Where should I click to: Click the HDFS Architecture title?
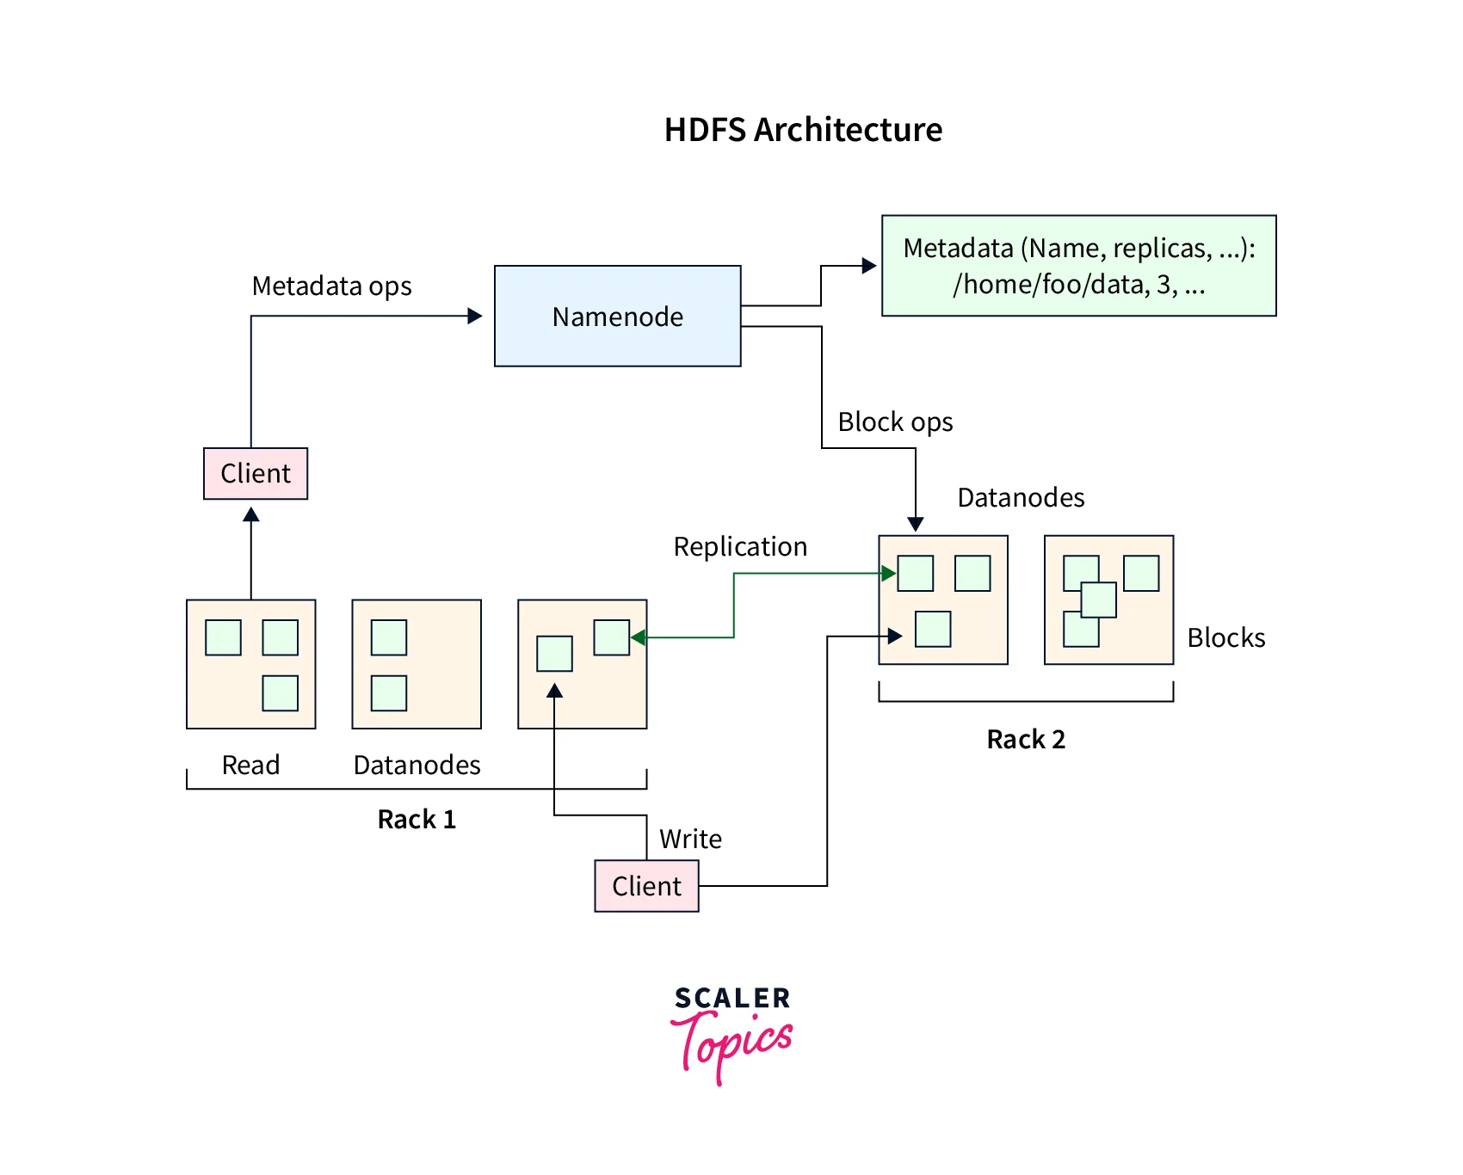tap(803, 130)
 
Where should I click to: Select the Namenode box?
tap(617, 316)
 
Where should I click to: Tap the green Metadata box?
tap(1078, 266)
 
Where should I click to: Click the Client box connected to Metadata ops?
tap(256, 473)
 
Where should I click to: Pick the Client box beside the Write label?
tap(646, 886)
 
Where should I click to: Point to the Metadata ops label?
tap(331, 286)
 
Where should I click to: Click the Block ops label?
tap(895, 422)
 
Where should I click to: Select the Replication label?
tap(740, 547)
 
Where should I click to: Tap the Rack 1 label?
tap(417, 819)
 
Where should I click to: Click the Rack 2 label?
tap(1026, 740)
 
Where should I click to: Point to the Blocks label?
tap(1225, 638)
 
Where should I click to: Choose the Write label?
tap(690, 840)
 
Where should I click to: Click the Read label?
tap(250, 765)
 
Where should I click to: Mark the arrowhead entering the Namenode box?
tap(475, 316)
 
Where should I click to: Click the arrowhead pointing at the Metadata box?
tap(869, 266)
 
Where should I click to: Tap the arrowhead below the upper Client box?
tap(251, 514)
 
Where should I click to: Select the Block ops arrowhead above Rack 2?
tap(916, 524)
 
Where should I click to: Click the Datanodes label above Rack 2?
tap(1021, 498)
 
